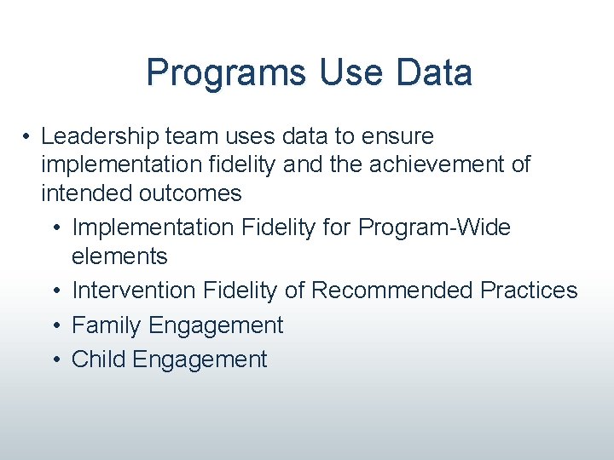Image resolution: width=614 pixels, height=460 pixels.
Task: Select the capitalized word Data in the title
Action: coord(433,73)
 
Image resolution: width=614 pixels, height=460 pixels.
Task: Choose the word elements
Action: coord(119,256)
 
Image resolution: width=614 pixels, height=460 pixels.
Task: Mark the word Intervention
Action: coord(134,290)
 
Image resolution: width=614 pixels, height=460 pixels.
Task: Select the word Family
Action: coord(107,325)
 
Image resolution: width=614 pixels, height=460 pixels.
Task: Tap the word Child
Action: coord(98,359)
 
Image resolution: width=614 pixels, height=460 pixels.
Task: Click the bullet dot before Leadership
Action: coord(28,137)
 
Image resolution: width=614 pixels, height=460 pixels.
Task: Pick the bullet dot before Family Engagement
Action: coord(55,325)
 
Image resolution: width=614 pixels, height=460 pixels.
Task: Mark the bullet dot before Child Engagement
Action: coord(55,360)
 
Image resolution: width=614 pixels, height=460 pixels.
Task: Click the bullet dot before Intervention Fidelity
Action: coord(55,291)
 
